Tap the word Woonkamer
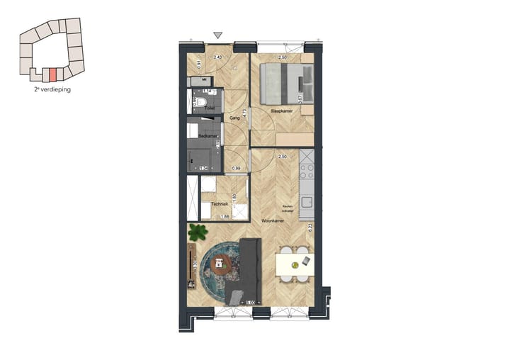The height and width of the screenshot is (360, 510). coord(272,222)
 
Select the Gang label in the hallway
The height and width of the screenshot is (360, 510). coord(236,118)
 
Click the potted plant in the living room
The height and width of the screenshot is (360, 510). coord(198,232)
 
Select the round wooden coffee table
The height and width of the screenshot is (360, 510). coord(220,264)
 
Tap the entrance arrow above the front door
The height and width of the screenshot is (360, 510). coord(218,34)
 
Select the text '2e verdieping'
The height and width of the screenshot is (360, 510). coord(52,90)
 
